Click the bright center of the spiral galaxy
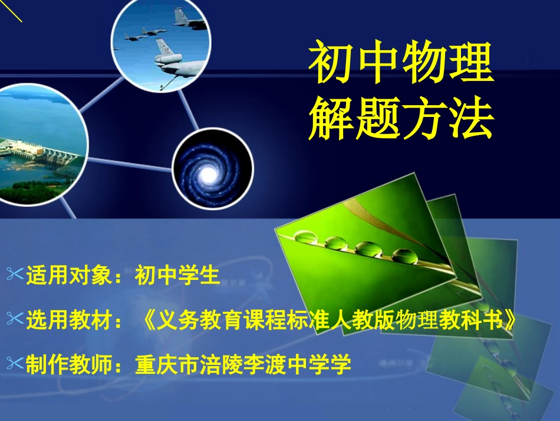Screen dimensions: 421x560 point(209,174)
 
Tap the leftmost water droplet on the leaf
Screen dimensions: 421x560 point(306,237)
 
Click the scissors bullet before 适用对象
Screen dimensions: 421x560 point(14,273)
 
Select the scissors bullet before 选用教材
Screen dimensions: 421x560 point(14,319)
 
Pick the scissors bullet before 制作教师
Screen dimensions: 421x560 point(14,364)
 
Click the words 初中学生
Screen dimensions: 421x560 point(177,275)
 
